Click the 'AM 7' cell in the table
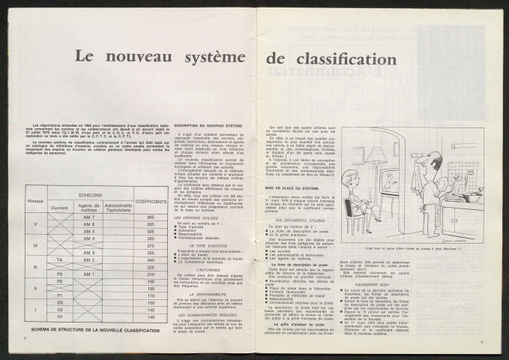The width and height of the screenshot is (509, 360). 89,195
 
